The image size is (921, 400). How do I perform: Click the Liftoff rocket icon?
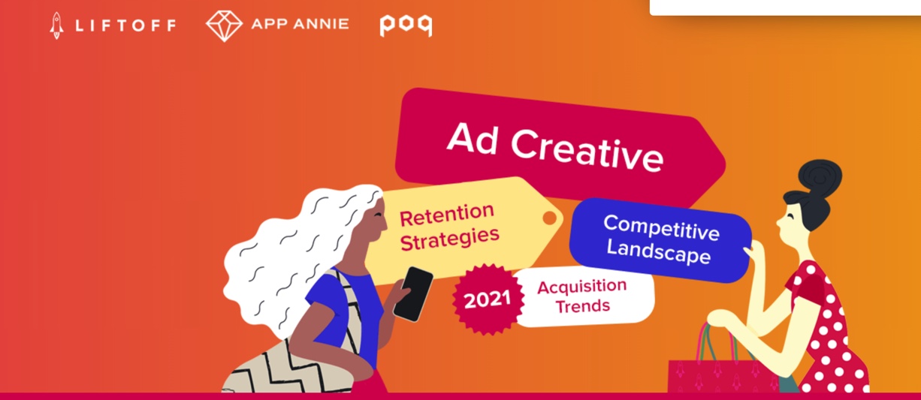pos(57,26)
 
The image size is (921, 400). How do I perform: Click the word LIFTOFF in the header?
pos(125,26)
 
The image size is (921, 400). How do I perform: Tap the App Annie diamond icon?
pos(224,26)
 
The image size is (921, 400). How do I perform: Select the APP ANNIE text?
pos(300,24)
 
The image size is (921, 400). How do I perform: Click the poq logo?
pos(406,26)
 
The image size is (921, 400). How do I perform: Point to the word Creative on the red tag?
pos(587,152)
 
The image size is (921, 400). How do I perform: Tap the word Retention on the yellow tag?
pos(447,215)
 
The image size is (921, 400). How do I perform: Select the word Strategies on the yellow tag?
pos(450,239)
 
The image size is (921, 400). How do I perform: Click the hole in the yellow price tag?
pos(549,218)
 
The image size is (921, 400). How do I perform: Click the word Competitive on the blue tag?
pos(662,227)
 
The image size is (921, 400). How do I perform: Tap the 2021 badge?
pos(488,299)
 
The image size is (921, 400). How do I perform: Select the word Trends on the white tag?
pos(583,306)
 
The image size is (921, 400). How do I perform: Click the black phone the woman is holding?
pos(413,293)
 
